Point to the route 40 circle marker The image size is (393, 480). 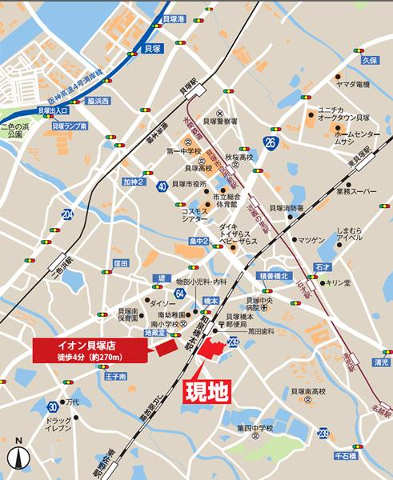(x=162, y=185)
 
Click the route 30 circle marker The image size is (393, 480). (x=53, y=405)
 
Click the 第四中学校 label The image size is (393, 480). (x=255, y=429)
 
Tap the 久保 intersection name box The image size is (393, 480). (x=368, y=60)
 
